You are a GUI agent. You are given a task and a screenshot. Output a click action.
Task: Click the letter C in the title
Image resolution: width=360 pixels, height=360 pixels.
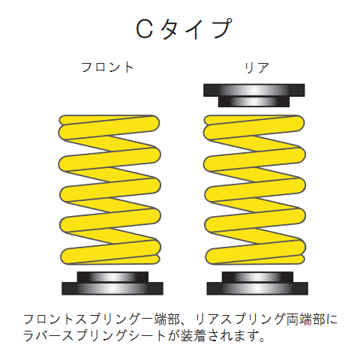coord(145,28)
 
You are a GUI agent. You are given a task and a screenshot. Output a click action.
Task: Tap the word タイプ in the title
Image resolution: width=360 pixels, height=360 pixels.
coord(196,28)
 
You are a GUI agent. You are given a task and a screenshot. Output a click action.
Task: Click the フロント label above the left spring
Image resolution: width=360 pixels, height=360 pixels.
coord(107,67)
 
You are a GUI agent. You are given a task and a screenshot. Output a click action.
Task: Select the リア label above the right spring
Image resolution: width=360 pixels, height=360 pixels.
coord(256,67)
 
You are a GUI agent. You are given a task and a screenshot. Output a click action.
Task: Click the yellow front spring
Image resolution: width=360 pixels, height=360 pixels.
coord(109,190)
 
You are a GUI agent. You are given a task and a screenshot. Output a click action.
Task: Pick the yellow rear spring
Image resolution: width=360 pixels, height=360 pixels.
coord(254,190)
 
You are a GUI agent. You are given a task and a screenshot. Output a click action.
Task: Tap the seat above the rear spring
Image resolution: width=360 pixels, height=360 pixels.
coord(254,95)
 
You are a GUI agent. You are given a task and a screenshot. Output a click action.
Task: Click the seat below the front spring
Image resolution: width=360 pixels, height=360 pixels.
coord(112,283)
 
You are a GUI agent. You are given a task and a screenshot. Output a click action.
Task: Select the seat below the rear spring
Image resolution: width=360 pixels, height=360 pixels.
coord(257,283)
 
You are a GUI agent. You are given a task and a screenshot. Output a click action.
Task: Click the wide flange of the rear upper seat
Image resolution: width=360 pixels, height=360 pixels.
coord(254,90)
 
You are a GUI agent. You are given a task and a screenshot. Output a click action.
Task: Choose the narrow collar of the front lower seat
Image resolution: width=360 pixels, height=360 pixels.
coord(112,277)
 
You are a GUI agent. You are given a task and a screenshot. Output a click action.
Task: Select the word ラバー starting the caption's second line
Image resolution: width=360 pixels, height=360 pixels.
coord(42,336)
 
